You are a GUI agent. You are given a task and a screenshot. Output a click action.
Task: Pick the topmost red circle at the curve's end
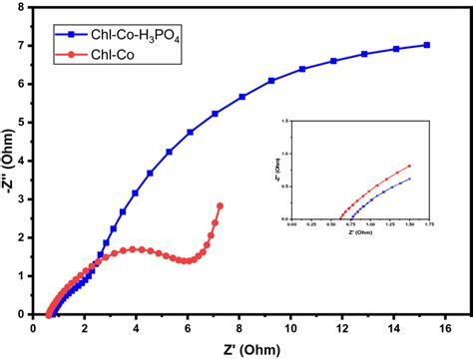click(x=220, y=206)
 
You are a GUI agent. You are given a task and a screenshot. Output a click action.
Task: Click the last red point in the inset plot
click(x=410, y=167)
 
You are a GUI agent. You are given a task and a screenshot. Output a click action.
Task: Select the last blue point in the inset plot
click(x=410, y=180)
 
